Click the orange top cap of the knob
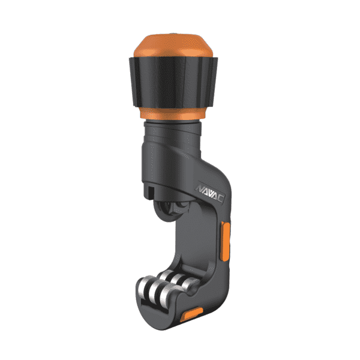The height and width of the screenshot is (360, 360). [173, 46]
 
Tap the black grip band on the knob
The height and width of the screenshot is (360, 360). [173, 83]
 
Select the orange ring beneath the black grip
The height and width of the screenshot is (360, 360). [173, 113]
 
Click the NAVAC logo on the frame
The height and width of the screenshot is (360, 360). [209, 193]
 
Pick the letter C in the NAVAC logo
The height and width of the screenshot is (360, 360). [220, 198]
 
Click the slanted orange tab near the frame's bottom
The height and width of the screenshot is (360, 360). [191, 314]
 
